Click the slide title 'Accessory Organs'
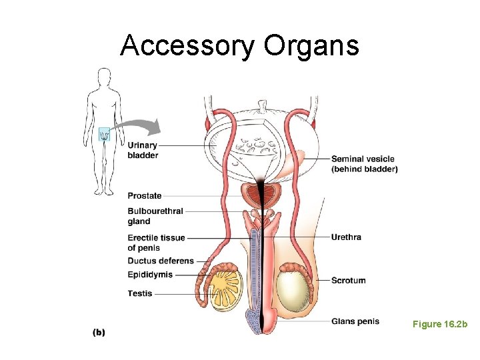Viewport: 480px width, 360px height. pos(239,45)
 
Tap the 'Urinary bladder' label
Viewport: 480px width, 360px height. pos(143,150)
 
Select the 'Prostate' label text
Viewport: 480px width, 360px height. pos(145,196)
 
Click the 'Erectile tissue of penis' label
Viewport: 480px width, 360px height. pos(156,243)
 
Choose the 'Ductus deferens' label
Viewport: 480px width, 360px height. pos(161,261)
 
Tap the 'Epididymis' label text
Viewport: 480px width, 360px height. pos(150,275)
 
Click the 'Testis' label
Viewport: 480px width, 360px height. pos(140,293)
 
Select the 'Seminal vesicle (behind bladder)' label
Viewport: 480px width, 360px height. pos(364,164)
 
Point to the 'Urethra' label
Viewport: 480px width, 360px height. pos(346,237)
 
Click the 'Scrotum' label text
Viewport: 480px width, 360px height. pos(348,280)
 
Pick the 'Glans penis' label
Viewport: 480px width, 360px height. pos(355,321)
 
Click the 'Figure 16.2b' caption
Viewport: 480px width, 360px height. pos(440,324)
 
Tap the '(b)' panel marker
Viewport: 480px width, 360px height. pos(98,332)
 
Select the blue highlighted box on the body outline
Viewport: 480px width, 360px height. pos(104,134)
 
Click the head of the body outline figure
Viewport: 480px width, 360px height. pos(103,75)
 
